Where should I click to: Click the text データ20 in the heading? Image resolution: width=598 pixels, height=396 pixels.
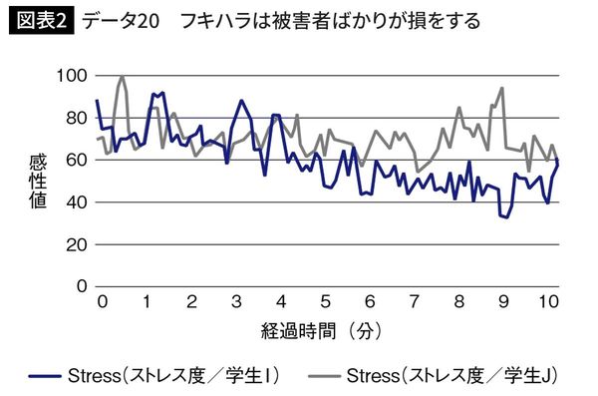click(x=120, y=20)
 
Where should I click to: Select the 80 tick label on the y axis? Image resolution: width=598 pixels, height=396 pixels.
click(x=78, y=118)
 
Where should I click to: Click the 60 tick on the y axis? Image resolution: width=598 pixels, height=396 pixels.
click(x=78, y=160)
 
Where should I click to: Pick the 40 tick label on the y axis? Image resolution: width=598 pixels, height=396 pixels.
click(x=78, y=202)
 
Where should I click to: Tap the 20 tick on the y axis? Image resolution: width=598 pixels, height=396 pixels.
click(x=78, y=244)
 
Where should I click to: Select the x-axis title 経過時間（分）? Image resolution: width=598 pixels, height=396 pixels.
click(x=324, y=328)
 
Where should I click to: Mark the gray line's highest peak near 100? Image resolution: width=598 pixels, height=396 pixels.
click(x=122, y=76)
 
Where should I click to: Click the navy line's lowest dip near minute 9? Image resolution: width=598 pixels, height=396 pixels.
click(x=506, y=216)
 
